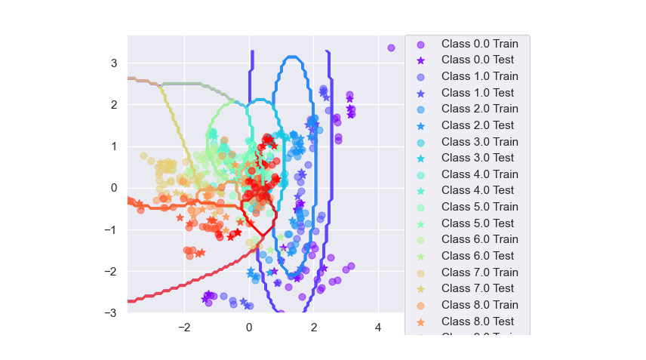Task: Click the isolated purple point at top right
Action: tap(391, 48)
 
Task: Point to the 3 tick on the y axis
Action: tap(114, 63)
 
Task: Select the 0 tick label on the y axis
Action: tap(114, 188)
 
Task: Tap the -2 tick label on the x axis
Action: tap(182, 328)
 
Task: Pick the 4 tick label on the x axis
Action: tap(378, 328)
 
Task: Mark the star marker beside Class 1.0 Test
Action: tap(421, 93)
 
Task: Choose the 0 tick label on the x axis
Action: tap(249, 328)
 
